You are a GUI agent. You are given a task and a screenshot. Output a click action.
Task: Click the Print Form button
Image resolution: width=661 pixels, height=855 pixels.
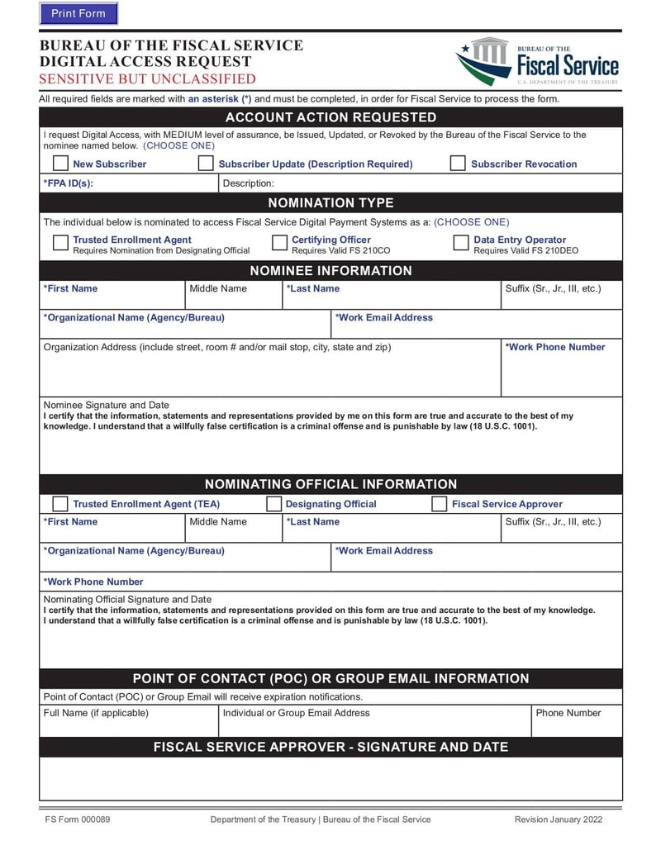tap(78, 13)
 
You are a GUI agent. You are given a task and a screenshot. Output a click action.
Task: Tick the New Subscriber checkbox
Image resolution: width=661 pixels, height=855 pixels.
tap(60, 164)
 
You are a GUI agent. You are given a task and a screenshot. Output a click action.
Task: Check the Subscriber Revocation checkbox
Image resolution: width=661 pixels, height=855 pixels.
tap(458, 164)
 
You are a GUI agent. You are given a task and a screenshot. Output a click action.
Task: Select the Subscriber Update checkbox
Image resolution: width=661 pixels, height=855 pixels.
tap(206, 164)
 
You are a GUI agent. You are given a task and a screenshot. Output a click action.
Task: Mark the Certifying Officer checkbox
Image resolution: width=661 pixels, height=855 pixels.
tap(279, 243)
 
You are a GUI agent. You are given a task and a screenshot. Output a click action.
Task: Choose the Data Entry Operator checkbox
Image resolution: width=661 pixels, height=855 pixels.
tap(460, 243)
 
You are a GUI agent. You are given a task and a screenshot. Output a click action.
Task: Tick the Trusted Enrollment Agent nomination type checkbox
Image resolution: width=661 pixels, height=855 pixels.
tap(60, 243)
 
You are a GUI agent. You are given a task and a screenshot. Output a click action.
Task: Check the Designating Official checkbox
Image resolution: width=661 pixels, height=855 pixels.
tap(273, 504)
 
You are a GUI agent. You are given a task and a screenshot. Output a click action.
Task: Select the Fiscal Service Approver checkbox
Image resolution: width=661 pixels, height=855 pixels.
tap(440, 504)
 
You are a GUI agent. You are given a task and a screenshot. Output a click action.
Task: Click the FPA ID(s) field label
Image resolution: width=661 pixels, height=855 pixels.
tap(68, 183)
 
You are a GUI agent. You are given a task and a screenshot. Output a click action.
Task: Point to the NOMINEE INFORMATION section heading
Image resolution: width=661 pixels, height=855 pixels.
tap(330, 271)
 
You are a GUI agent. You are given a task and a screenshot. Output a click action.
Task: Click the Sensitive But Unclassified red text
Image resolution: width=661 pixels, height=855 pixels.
tap(148, 79)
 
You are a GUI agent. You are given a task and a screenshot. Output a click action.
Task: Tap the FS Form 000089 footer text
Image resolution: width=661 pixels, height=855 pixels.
tap(78, 819)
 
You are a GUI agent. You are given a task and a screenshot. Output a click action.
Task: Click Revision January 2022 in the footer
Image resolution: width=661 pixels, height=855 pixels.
tap(558, 819)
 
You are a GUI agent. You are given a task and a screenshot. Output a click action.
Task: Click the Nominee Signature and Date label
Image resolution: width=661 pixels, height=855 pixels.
tap(106, 405)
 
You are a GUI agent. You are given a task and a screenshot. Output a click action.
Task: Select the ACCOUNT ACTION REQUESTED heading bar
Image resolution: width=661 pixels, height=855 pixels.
tap(330, 117)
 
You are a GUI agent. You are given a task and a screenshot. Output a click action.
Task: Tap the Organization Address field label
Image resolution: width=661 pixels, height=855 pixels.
tap(216, 347)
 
